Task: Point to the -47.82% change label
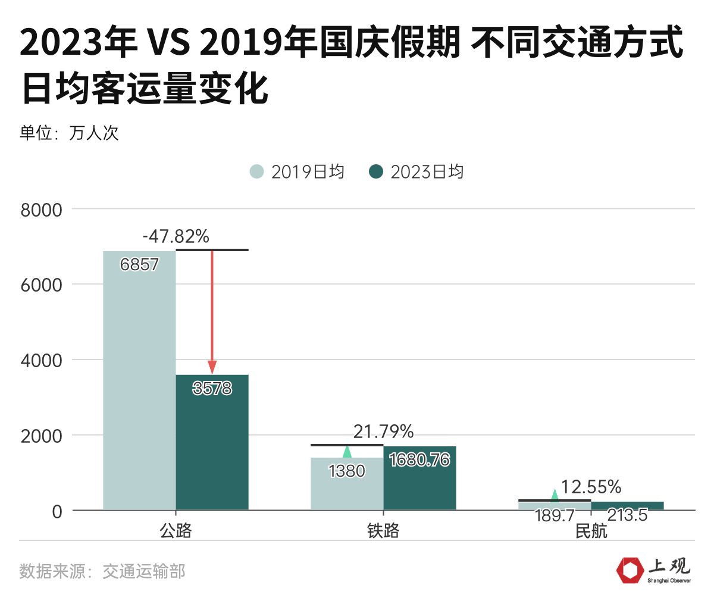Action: pyautogui.click(x=176, y=237)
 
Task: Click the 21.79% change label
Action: pyautogui.click(x=383, y=431)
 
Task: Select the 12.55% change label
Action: pyautogui.click(x=591, y=487)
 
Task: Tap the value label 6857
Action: pyautogui.click(x=139, y=264)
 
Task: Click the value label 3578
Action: pyautogui.click(x=212, y=389)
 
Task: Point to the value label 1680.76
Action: pyautogui.click(x=419, y=460)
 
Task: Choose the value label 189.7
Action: pyautogui.click(x=555, y=515)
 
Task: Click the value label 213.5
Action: pyautogui.click(x=627, y=515)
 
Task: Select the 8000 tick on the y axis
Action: pyautogui.click(x=41, y=209)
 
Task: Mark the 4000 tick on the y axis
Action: pyautogui.click(x=41, y=361)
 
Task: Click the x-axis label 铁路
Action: pyautogui.click(x=383, y=531)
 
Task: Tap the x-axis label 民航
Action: pyautogui.click(x=591, y=531)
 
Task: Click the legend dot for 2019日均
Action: pyautogui.click(x=256, y=172)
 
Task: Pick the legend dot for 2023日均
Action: pyautogui.click(x=376, y=172)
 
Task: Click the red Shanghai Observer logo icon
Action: pyautogui.click(x=630, y=571)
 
